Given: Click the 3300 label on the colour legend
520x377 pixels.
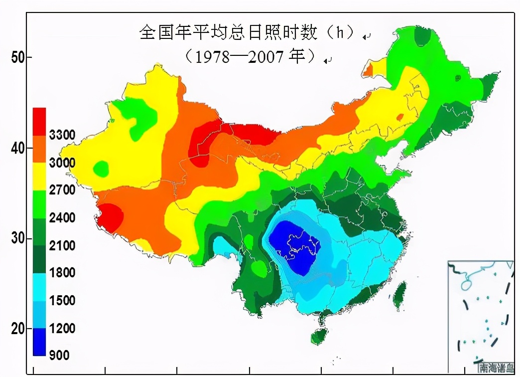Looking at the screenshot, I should pyautogui.click(x=62, y=135).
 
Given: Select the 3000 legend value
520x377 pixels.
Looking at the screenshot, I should pyautogui.click(x=62, y=163).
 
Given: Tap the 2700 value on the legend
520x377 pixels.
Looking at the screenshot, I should pyautogui.click(x=62, y=190).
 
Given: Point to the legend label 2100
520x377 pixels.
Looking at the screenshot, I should pyautogui.click(x=62, y=245).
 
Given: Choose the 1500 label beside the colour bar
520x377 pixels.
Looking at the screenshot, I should pyautogui.click(x=62, y=301).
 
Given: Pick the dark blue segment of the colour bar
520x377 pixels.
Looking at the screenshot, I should pyautogui.click(x=39, y=342).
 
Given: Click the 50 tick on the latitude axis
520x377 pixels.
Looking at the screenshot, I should pyautogui.click(x=18, y=57).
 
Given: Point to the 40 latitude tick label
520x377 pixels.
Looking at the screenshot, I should pyautogui.click(x=18, y=148).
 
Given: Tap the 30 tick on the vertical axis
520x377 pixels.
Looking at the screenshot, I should pyautogui.click(x=18, y=238).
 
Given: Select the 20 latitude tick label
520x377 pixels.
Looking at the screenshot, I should pyautogui.click(x=18, y=329).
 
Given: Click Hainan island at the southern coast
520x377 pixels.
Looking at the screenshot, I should pyautogui.click(x=319, y=336).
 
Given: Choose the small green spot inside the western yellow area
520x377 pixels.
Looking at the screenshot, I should pyautogui.click(x=102, y=168).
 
